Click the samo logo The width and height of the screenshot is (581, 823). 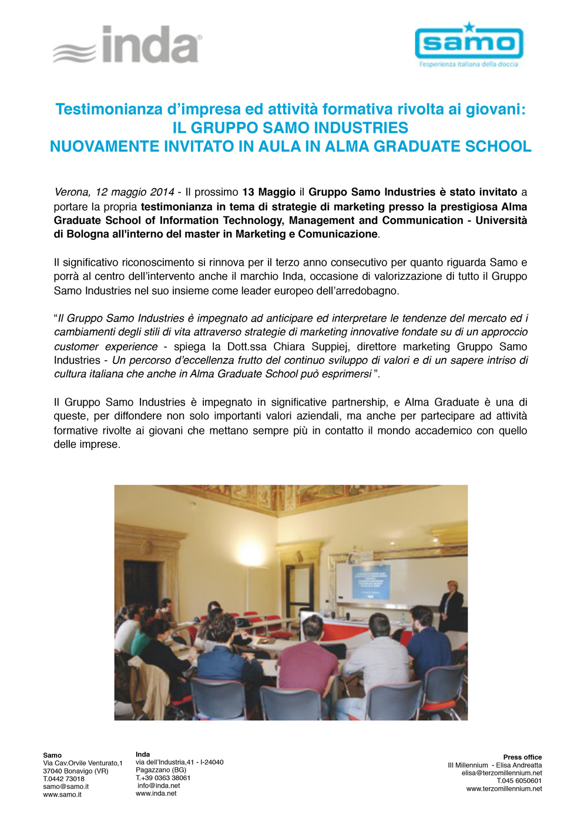(469, 45)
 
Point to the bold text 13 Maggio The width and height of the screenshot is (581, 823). (268, 192)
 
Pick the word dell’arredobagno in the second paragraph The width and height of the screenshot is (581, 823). (360, 290)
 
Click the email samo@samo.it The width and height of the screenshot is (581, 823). (66, 787)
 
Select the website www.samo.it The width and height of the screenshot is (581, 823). (62, 795)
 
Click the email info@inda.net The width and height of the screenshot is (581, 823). (159, 785)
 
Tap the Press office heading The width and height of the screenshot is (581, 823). (522, 757)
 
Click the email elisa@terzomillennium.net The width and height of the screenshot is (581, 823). (502, 773)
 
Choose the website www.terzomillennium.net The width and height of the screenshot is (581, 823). (504, 789)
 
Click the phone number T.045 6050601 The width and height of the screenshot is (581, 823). (519, 781)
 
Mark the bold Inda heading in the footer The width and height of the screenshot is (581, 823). (143, 754)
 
